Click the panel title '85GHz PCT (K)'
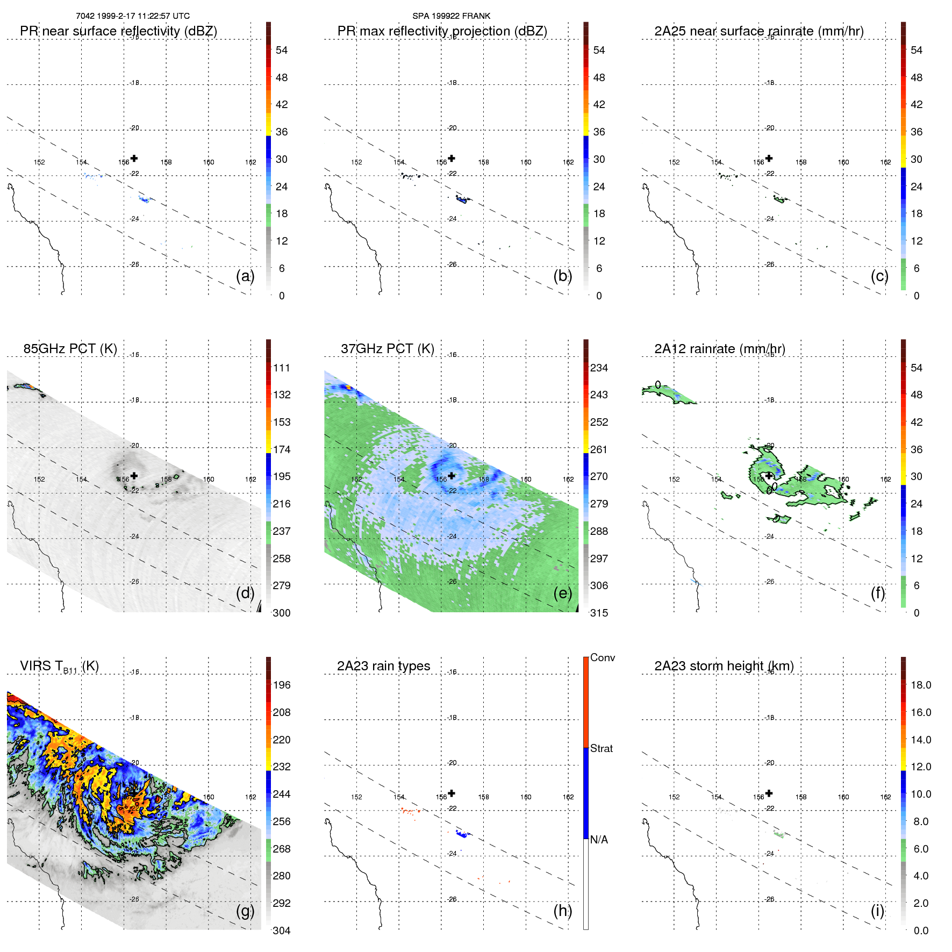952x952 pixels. [x=70, y=349]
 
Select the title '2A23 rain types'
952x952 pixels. [x=383, y=666]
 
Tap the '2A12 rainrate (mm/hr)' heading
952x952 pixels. [x=719, y=349]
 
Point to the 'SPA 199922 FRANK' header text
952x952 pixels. [x=451, y=16]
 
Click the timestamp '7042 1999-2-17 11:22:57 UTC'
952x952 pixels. [x=133, y=16]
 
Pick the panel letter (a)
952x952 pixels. [x=245, y=276]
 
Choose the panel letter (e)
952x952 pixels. [x=562, y=593]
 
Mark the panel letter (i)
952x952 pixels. [x=877, y=911]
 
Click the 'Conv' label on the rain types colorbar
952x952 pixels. [x=602, y=657]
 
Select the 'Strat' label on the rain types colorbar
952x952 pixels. [x=601, y=748]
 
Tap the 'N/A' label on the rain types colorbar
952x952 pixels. [x=599, y=840]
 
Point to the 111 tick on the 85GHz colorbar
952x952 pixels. [x=281, y=368]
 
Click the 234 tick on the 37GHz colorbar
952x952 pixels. [x=599, y=368]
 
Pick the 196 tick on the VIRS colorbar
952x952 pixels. [x=281, y=685]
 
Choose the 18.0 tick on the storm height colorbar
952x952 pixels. [x=920, y=685]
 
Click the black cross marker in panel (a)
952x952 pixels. [x=134, y=158]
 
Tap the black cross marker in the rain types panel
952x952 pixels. [x=452, y=793]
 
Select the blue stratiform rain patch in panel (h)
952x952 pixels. [x=461, y=833]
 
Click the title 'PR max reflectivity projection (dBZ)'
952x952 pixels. [x=442, y=31]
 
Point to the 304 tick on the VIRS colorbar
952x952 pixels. [x=281, y=930]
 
